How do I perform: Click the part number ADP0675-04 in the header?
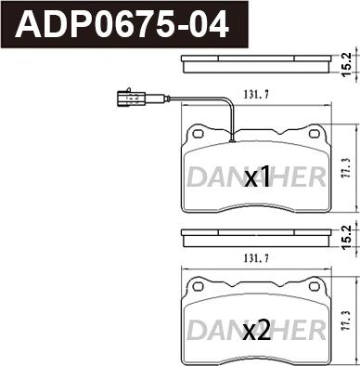coord(124,24)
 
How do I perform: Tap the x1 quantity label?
coord(257,177)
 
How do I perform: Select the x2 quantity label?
coord(257,330)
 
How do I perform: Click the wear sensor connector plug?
coord(130,98)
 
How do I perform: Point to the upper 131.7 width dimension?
coord(256,95)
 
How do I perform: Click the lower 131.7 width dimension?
coord(256,258)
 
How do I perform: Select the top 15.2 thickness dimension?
coord(347,64)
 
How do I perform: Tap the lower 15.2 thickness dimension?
coord(347,237)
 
